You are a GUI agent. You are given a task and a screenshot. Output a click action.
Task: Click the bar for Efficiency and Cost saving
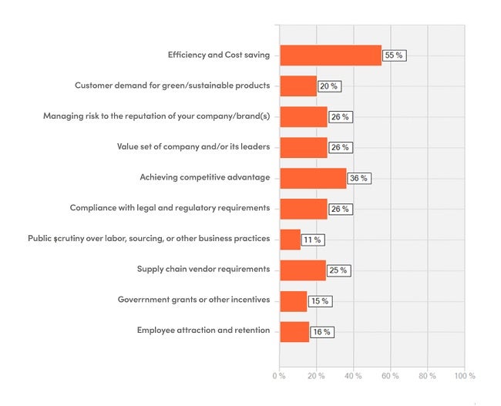tap(331, 55)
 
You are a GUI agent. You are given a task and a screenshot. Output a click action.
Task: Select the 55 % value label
tap(395, 55)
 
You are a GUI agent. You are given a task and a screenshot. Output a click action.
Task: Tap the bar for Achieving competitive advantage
tap(313, 178)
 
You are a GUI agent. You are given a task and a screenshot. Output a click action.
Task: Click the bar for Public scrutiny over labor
tap(290, 240)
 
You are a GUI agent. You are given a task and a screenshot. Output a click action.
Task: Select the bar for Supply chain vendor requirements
tap(303, 270)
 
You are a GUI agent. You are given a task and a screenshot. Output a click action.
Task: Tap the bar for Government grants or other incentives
tap(294, 301)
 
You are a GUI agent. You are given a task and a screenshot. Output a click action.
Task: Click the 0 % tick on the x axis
tap(278, 376)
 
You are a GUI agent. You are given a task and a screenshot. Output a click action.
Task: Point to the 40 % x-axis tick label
tap(353, 376)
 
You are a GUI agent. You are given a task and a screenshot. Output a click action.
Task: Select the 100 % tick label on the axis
tap(465, 376)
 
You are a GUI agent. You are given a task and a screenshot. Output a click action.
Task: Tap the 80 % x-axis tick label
tap(427, 376)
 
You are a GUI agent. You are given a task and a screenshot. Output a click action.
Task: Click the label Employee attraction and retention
tap(203, 331)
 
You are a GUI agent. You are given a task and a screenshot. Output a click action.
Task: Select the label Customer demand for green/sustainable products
tap(172, 85)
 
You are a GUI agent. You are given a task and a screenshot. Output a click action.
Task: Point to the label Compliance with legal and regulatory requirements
tap(170, 208)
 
